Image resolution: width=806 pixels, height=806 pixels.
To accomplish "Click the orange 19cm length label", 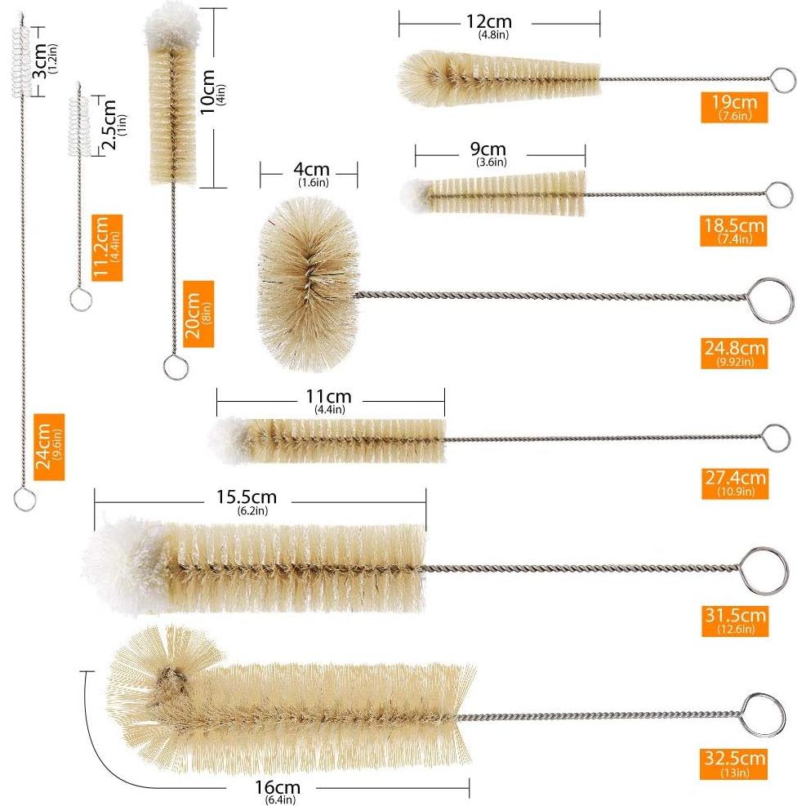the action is click(734, 108).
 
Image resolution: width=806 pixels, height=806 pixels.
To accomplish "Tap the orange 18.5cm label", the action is click(733, 231).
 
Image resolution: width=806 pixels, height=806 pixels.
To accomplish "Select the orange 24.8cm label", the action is click(734, 353).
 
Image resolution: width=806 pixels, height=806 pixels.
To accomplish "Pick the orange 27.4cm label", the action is click(735, 483).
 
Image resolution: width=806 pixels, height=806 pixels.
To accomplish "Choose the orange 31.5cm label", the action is click(735, 621).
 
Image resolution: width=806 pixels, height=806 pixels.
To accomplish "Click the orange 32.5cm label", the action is click(733, 764).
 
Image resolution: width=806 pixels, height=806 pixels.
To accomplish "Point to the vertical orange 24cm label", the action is click(49, 447).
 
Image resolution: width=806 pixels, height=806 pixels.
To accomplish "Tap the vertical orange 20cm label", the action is click(198, 314).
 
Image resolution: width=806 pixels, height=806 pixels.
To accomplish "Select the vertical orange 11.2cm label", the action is click(107, 247).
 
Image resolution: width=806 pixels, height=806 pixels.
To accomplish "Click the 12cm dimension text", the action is click(489, 25).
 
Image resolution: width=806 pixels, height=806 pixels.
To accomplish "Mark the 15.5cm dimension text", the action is click(247, 501).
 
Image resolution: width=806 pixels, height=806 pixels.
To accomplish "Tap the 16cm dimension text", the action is click(278, 791).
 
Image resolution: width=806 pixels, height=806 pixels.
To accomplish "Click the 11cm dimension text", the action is click(329, 400).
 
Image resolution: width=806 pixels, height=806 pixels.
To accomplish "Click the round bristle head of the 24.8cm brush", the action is click(309, 283).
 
